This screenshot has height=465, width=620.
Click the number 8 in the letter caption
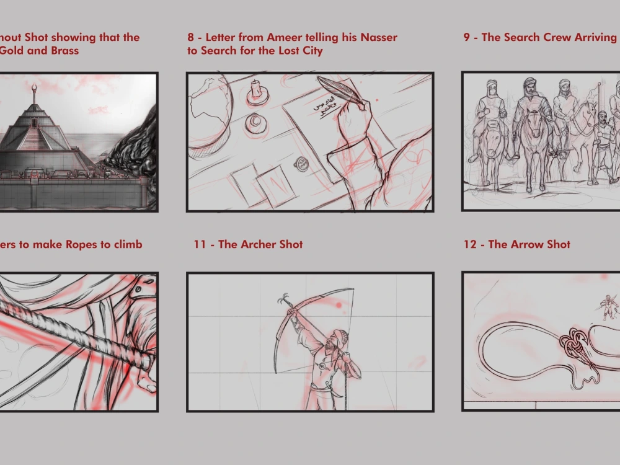[x=191, y=37]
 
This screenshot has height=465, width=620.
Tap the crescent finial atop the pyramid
[x=33, y=88]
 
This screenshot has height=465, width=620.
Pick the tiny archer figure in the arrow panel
[x=609, y=307]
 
